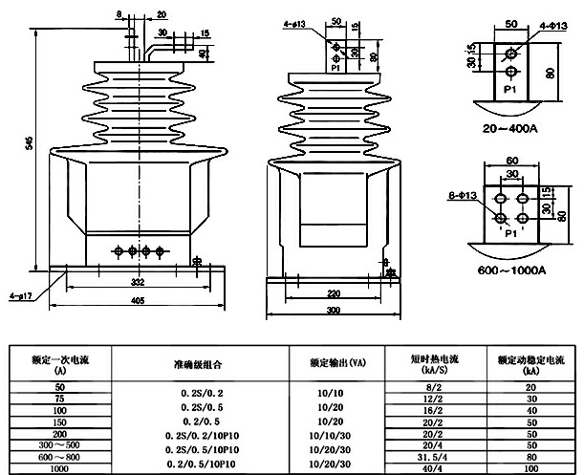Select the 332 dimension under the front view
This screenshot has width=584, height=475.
tap(138, 284)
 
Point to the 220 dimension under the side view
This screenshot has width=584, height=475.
tap(332, 294)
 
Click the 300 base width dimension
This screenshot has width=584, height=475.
tap(332, 312)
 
